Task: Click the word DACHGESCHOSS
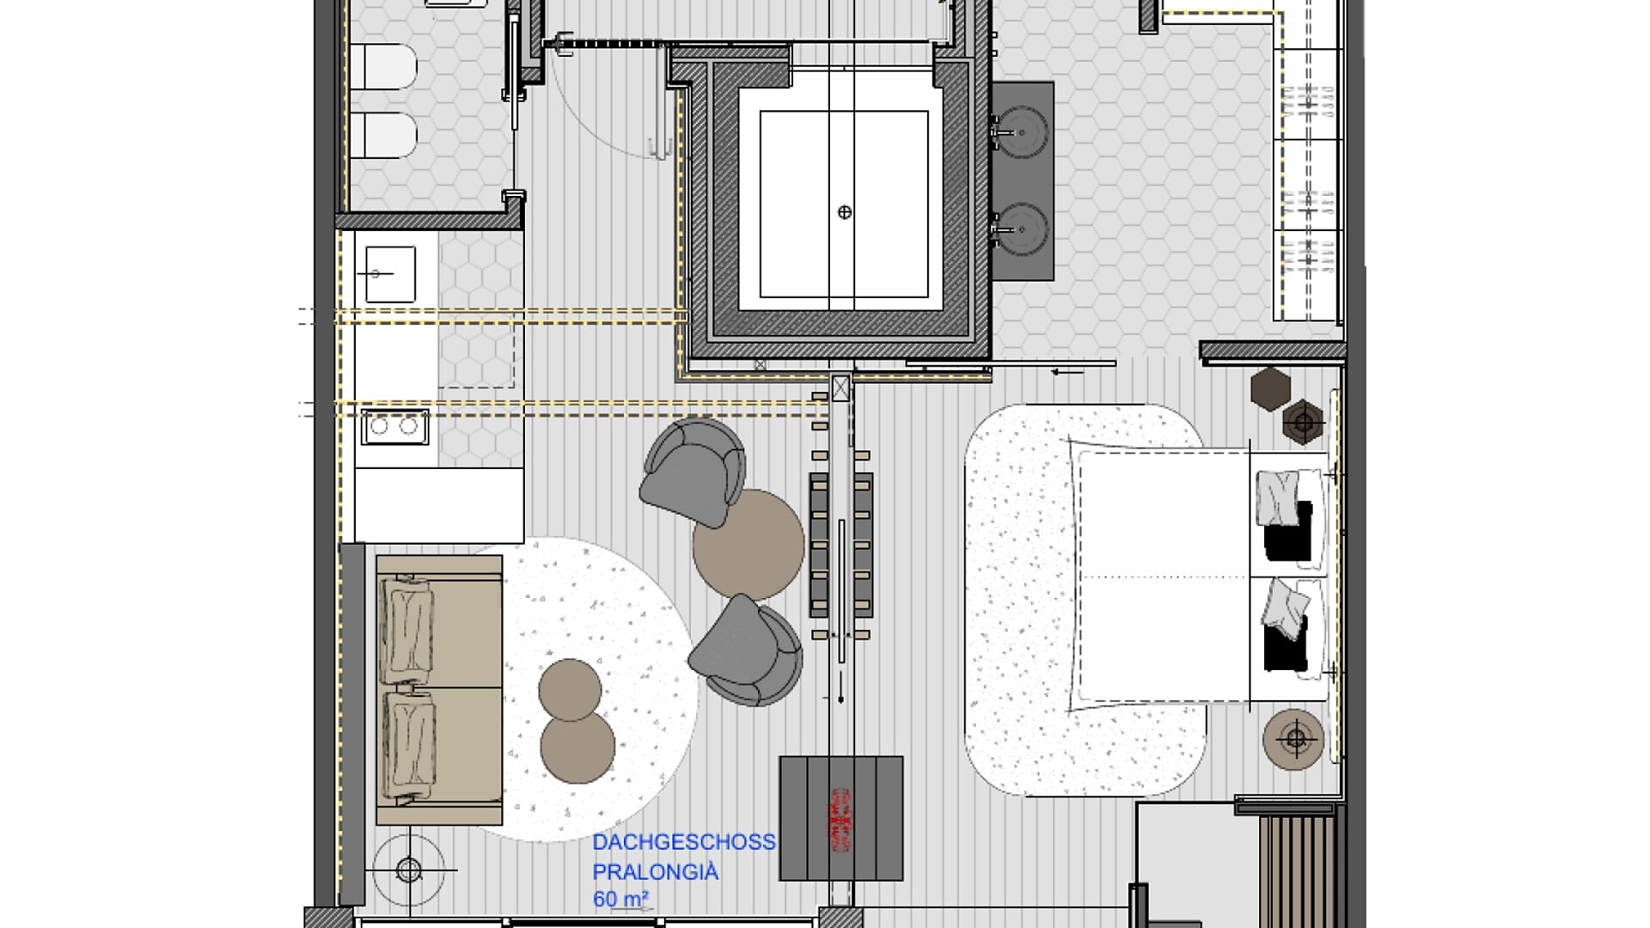click(684, 842)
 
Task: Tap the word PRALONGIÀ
click(656, 872)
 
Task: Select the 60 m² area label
click(620, 900)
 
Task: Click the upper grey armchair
click(694, 471)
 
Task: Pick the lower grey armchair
click(746, 650)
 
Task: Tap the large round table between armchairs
click(749, 545)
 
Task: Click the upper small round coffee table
click(571, 689)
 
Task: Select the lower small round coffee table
click(577, 746)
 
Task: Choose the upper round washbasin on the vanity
click(1022, 132)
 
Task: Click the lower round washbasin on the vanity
click(1022, 229)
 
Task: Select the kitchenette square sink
click(391, 274)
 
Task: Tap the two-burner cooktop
click(395, 426)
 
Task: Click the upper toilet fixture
click(383, 65)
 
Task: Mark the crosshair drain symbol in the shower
click(845, 212)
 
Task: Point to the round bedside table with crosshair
click(1293, 739)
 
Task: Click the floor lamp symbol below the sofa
click(409, 870)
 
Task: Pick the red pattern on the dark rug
click(842, 821)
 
